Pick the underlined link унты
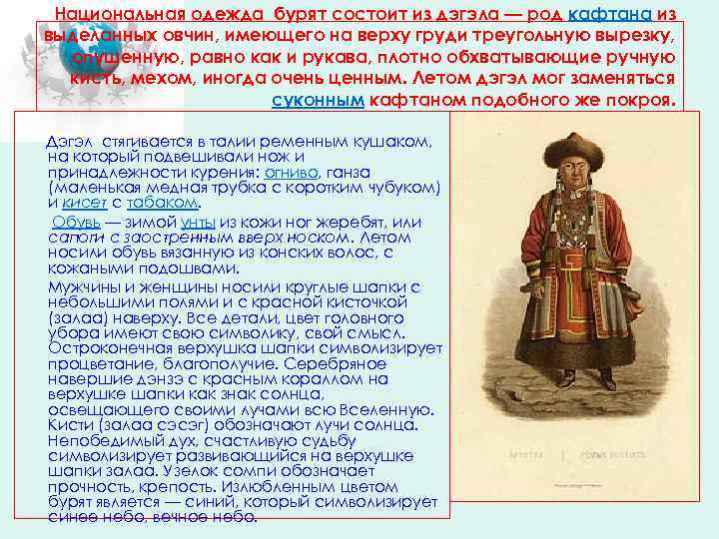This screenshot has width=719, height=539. (x=198, y=222)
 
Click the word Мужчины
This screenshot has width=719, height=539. (x=86, y=287)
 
